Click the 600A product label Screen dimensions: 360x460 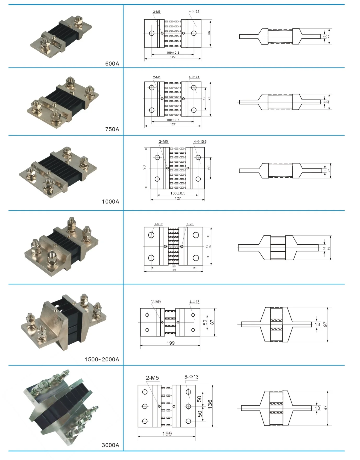112,64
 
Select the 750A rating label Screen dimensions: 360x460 112,129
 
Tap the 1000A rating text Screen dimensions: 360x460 110,201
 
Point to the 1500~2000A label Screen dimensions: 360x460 102,360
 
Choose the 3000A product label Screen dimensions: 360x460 110,445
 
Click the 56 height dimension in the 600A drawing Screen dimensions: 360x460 209,33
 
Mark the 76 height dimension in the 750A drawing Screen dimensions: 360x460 209,98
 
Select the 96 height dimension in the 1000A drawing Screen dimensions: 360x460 144,167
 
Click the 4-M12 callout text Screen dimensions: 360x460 158,224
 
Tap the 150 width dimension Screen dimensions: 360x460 173,270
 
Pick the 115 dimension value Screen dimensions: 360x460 173,266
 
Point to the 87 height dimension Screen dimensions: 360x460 212,322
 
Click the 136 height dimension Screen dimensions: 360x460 210,403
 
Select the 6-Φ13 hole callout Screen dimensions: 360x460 192,377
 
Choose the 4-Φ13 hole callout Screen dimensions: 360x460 194,302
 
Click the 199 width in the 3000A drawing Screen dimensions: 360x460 167,434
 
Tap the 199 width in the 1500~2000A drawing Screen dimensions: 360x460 171,343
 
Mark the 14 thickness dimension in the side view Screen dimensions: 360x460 324,248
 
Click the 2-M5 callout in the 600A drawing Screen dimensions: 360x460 157,12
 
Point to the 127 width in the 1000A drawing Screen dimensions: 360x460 178,198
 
